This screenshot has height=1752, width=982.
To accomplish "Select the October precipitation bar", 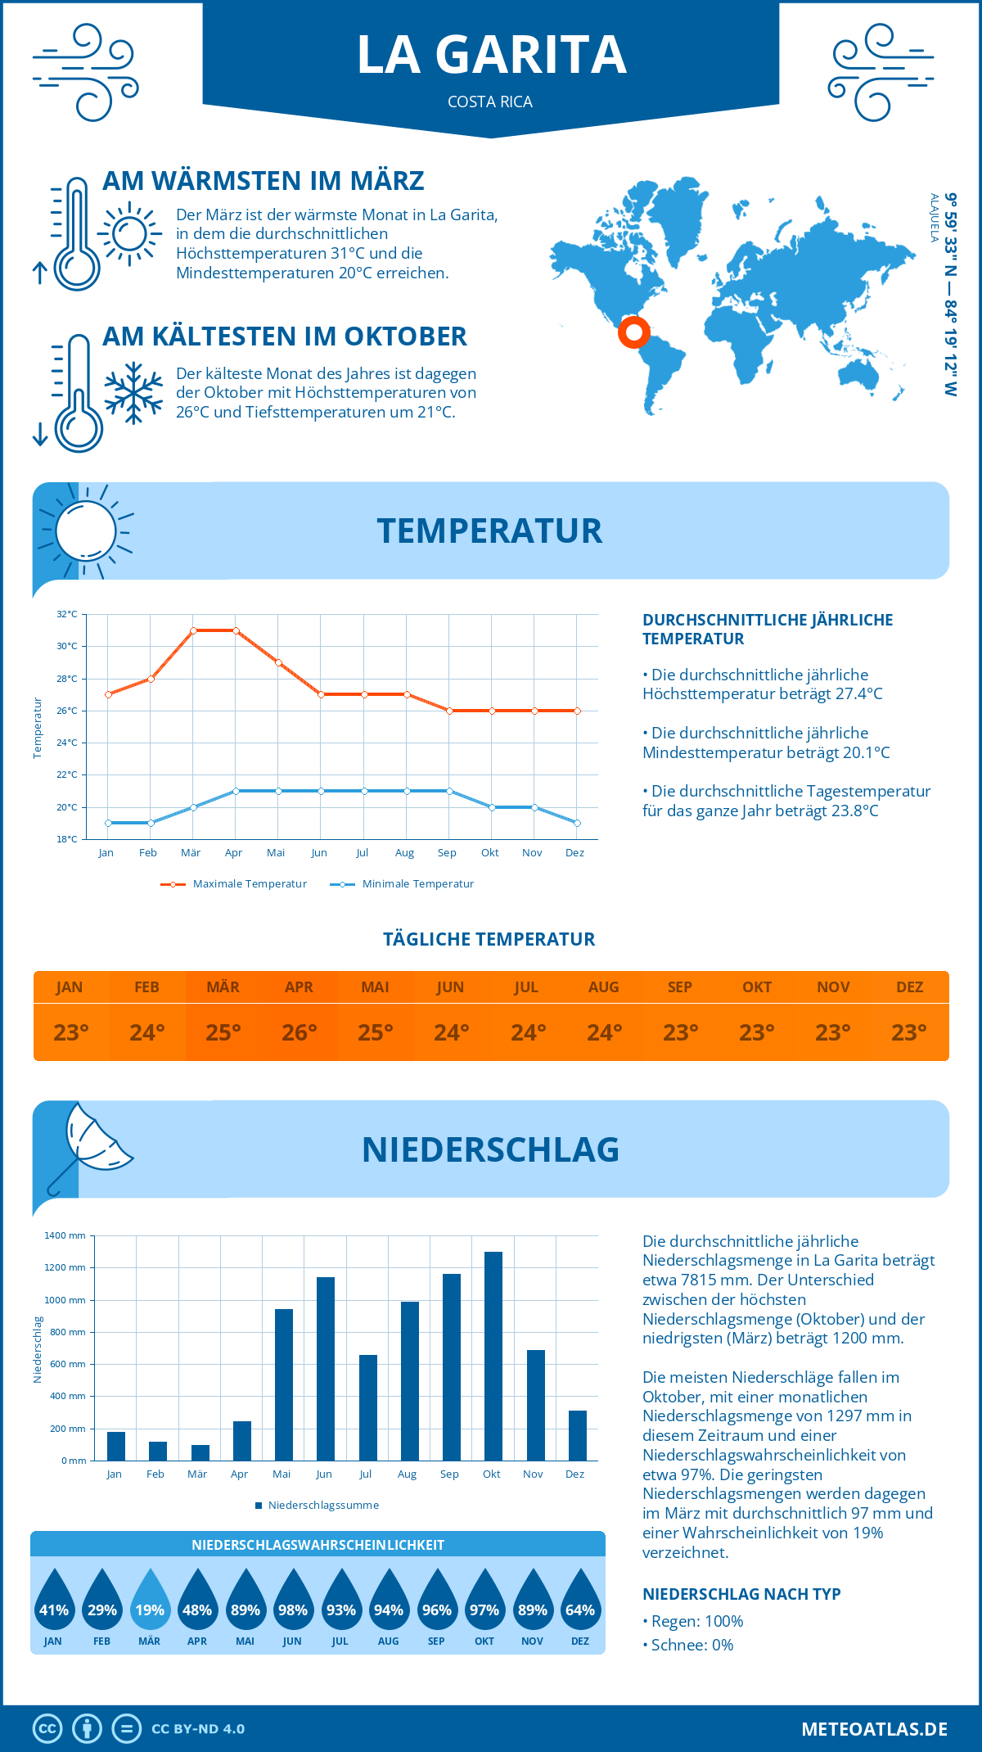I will pyautogui.click(x=493, y=1356).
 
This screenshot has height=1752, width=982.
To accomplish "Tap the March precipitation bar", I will pyautogui.click(x=200, y=1452).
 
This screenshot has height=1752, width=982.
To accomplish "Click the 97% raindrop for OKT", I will pyautogui.click(x=484, y=1601).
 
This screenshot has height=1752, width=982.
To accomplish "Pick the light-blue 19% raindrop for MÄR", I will pyautogui.click(x=150, y=1601).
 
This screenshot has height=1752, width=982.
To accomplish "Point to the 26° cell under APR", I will pyautogui.click(x=300, y=1032).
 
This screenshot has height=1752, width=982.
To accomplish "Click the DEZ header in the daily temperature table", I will pyautogui.click(x=909, y=987).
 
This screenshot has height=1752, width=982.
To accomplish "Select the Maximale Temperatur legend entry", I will pyautogui.click(x=234, y=884).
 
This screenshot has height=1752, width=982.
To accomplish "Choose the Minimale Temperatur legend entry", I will pyautogui.click(x=403, y=884).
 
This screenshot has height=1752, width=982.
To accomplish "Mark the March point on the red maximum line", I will pyautogui.click(x=193, y=630).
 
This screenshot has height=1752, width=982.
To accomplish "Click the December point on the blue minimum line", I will pyautogui.click(x=577, y=823).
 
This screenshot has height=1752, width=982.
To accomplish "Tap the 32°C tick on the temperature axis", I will pyautogui.click(x=67, y=614).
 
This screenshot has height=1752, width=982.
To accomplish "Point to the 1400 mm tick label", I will pyautogui.click(x=65, y=1235).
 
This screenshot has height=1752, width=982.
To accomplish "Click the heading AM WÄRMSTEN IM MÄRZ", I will pyautogui.click(x=263, y=181).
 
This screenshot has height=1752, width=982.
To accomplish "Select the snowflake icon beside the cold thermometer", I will pyautogui.click(x=133, y=393).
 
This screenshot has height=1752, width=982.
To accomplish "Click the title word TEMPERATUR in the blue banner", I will pyautogui.click(x=489, y=531).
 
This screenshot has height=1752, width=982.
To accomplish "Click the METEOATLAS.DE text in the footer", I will pyautogui.click(x=874, y=1729).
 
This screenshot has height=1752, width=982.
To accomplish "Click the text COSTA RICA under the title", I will pyautogui.click(x=490, y=102).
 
